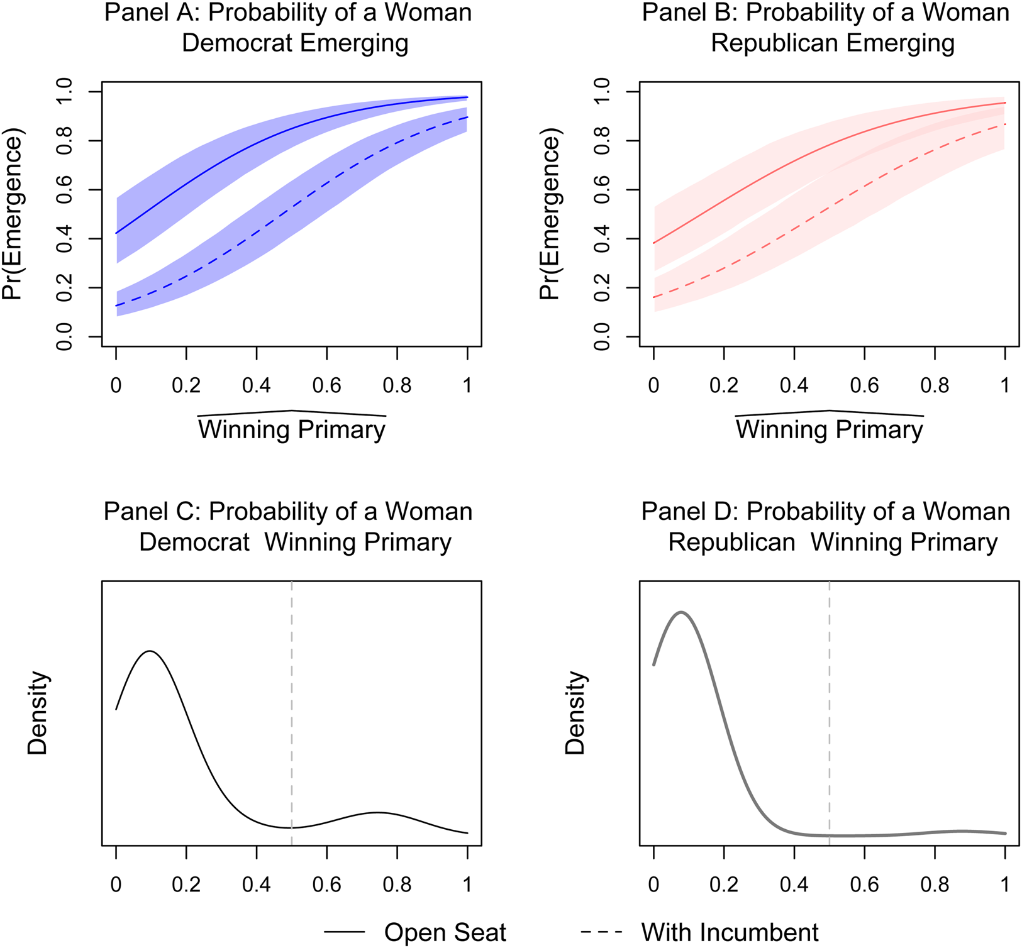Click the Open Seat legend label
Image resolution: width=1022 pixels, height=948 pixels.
click(445, 932)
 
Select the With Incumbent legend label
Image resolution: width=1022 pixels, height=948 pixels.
click(730, 932)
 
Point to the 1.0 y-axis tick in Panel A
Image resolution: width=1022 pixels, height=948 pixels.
click(64, 92)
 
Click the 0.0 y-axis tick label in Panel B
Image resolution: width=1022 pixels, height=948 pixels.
click(602, 337)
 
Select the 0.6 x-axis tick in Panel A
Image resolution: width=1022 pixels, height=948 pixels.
click(327, 385)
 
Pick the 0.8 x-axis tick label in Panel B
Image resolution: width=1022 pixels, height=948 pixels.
click(935, 385)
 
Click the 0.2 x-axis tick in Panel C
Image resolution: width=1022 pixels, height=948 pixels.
click(186, 885)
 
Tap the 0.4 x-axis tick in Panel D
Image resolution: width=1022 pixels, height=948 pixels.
click(794, 885)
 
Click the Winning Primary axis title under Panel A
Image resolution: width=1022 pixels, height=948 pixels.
click(292, 429)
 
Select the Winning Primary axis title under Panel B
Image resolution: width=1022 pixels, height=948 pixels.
click(830, 429)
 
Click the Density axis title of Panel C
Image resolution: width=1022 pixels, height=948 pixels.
click(38, 713)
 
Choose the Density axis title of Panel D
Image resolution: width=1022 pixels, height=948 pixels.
click(575, 713)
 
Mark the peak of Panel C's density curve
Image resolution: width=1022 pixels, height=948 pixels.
click(150, 651)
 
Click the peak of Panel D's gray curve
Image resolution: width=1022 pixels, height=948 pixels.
click(680, 612)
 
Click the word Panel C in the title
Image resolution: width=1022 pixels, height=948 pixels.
click(151, 512)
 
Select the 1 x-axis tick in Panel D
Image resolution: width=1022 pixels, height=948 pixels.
click(1005, 885)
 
